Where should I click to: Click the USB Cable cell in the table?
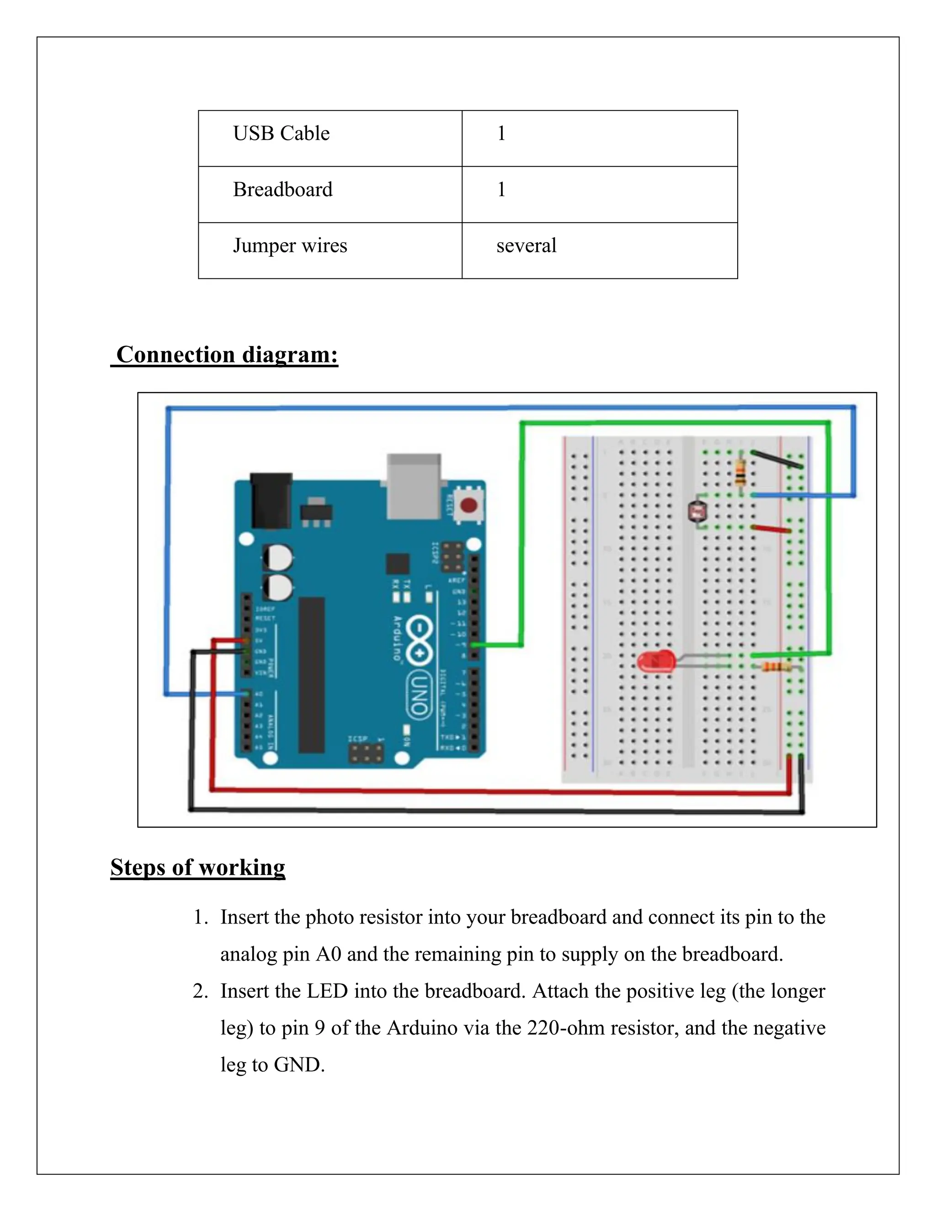(x=281, y=133)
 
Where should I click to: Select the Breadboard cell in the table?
(x=282, y=190)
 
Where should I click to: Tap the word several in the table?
(x=526, y=246)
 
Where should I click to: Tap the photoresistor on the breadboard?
(x=695, y=511)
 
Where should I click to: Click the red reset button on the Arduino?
(x=469, y=505)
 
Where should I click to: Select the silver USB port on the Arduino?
(x=414, y=486)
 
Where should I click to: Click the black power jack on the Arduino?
(x=271, y=501)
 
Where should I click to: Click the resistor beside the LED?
(x=776, y=666)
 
